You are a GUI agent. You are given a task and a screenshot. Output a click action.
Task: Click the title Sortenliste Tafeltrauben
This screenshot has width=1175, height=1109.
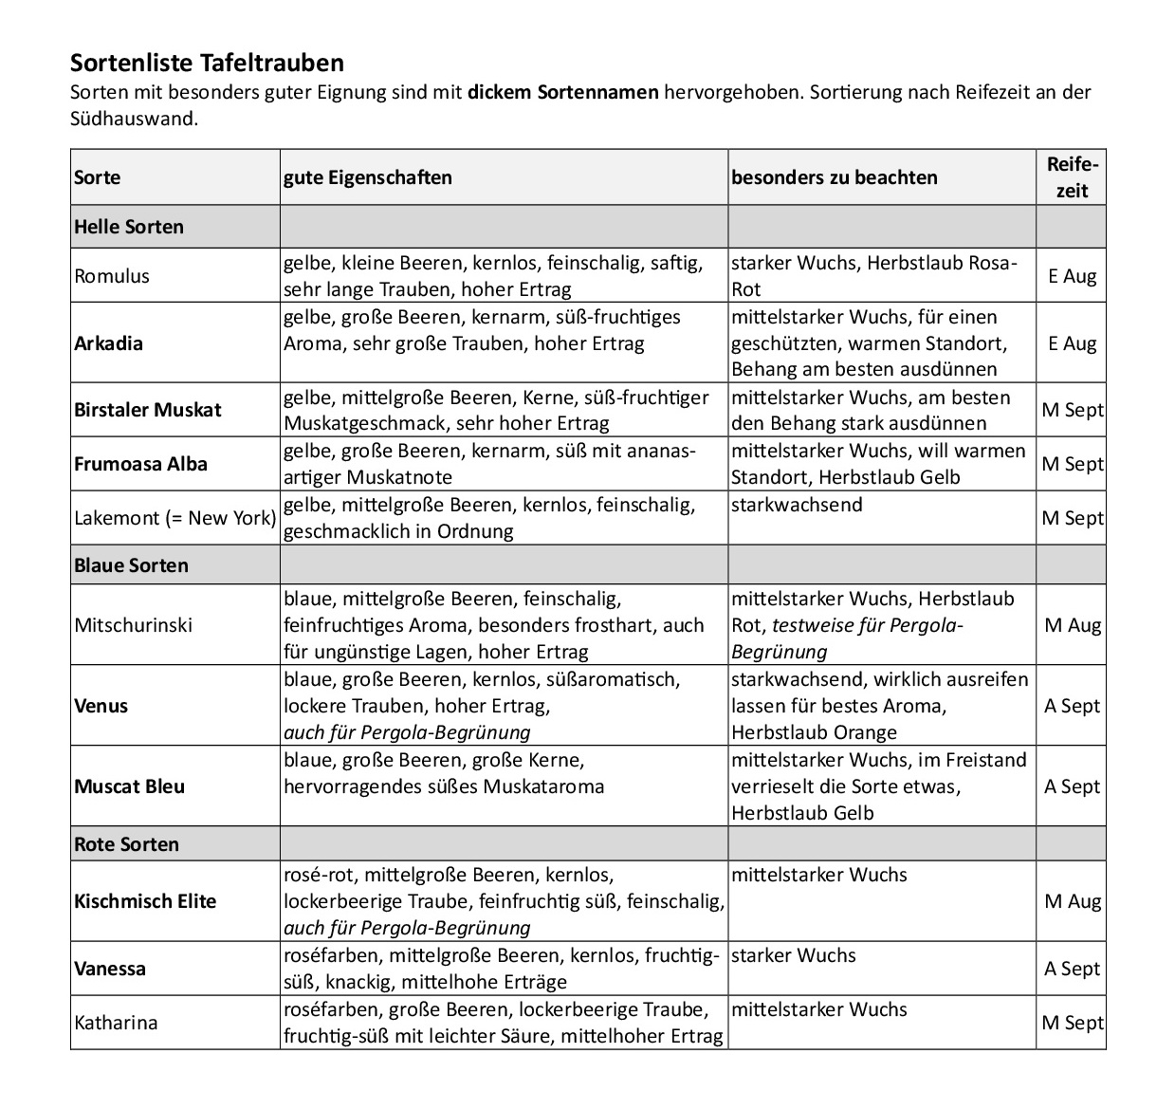207,64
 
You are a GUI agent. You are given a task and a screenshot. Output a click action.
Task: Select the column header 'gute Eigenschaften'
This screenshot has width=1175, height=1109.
368,177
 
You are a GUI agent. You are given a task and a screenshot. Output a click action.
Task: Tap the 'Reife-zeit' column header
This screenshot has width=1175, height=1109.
1072,177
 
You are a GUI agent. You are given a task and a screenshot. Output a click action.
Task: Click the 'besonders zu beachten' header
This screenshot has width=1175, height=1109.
835,177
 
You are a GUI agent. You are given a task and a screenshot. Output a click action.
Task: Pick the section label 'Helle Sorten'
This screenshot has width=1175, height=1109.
129,227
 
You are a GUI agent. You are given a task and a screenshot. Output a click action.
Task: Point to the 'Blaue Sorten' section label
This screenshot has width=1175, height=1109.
131,565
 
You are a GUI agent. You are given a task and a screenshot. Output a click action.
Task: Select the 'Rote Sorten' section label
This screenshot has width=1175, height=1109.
126,844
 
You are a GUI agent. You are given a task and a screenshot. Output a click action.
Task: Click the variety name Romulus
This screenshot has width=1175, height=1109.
112,276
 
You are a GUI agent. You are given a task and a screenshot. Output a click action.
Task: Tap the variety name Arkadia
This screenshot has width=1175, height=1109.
108,343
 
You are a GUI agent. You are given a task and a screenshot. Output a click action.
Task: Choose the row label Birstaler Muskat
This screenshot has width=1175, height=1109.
147,410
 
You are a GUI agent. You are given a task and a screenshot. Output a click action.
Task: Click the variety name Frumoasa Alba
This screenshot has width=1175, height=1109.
140,464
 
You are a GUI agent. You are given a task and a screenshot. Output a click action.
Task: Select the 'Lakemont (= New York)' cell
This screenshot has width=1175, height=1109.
174,518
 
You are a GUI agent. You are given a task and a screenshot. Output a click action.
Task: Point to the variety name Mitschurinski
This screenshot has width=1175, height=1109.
133,625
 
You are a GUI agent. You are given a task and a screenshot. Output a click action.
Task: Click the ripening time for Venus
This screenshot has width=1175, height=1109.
1072,706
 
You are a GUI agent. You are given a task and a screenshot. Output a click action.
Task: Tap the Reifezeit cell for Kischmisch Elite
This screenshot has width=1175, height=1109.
1072,901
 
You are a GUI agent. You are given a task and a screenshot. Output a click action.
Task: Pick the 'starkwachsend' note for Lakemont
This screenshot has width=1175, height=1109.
797,505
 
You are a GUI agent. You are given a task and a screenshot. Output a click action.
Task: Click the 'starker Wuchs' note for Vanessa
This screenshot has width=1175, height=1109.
793,955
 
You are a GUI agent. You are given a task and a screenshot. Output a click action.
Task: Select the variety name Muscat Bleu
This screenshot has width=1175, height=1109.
129,786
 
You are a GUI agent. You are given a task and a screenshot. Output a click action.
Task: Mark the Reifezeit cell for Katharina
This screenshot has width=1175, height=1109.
1072,1023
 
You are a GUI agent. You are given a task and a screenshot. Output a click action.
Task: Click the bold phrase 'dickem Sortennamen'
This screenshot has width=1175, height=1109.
562,93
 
